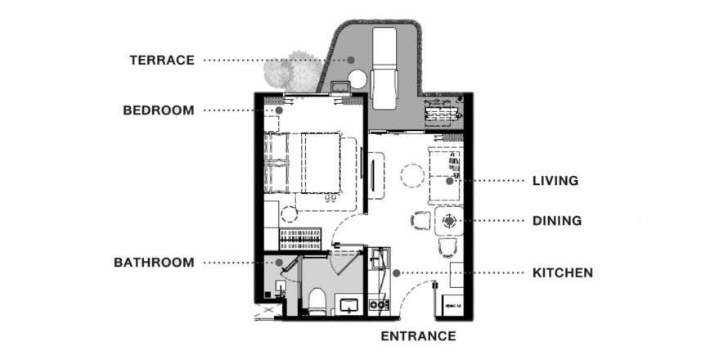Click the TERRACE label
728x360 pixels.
click(x=162, y=61)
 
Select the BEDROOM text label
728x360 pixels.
click(x=159, y=110)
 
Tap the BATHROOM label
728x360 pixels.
click(x=154, y=263)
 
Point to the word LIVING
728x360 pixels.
click(x=555, y=181)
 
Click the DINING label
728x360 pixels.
click(x=557, y=221)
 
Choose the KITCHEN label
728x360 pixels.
click(x=563, y=272)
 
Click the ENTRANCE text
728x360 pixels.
click(x=418, y=335)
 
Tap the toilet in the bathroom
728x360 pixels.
click(x=317, y=301)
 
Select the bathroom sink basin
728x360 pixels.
click(x=348, y=305)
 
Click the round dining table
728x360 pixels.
click(x=449, y=221)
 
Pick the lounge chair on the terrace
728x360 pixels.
click(x=384, y=68)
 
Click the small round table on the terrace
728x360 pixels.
click(x=357, y=80)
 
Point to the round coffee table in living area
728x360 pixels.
click(x=412, y=176)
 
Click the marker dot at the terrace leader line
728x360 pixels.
click(x=351, y=60)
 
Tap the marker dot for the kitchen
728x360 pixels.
click(x=396, y=273)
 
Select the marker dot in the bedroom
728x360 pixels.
click(x=279, y=110)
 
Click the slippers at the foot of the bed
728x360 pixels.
click(x=330, y=198)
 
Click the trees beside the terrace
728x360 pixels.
click(x=294, y=72)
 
